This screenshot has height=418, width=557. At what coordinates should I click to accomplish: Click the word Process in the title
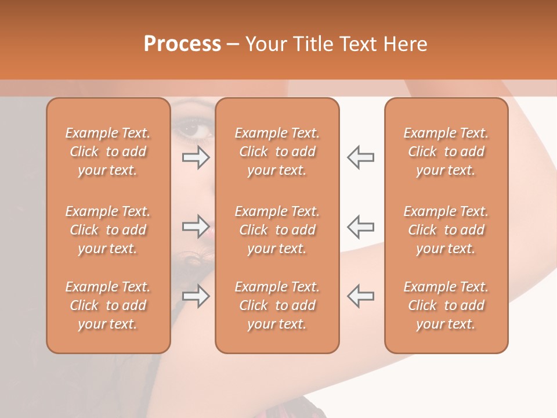pyautogui.click(x=182, y=44)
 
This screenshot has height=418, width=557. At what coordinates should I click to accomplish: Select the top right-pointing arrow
pyautogui.click(x=196, y=157)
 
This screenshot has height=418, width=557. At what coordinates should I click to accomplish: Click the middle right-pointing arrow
pyautogui.click(x=196, y=226)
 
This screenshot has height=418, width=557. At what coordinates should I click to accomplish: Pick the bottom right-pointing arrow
pyautogui.click(x=196, y=296)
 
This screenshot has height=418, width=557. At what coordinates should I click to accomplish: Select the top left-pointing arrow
pyautogui.click(x=361, y=157)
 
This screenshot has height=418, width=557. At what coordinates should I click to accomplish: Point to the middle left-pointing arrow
pyautogui.click(x=361, y=226)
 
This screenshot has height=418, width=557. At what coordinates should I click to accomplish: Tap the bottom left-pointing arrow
pyautogui.click(x=361, y=296)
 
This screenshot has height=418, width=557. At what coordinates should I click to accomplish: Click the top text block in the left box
pyautogui.click(x=108, y=152)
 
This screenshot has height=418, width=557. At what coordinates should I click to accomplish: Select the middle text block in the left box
pyautogui.click(x=108, y=230)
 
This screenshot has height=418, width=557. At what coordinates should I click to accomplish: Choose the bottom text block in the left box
pyautogui.click(x=108, y=305)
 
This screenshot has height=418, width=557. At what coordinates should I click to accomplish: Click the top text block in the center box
pyautogui.click(x=277, y=152)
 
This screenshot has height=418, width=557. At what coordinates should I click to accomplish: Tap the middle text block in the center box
pyautogui.click(x=277, y=230)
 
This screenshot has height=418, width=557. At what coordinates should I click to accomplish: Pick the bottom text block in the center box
pyautogui.click(x=277, y=305)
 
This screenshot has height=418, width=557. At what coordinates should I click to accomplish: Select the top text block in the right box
pyautogui.click(x=446, y=152)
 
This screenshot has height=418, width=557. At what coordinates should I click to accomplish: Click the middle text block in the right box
pyautogui.click(x=446, y=230)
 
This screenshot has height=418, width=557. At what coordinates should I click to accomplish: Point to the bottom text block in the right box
pyautogui.click(x=446, y=305)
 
